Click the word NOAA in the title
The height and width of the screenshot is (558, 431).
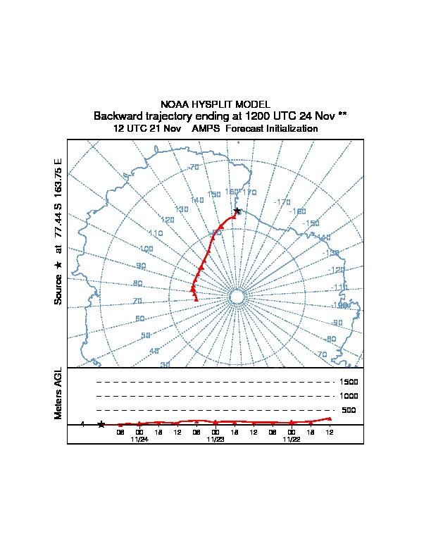[x=174, y=104]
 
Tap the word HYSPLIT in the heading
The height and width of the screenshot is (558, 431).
[x=211, y=104]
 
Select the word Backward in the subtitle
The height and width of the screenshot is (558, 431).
[x=118, y=116]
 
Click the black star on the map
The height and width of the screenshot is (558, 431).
[x=237, y=211]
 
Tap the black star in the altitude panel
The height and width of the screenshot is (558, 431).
[x=101, y=424]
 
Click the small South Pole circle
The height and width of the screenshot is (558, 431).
[x=237, y=296]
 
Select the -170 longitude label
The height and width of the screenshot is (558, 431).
[x=282, y=202]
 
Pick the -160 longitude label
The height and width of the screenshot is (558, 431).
[x=298, y=211]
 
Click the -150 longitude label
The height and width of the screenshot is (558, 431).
[x=311, y=223]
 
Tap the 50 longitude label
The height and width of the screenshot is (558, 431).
[x=146, y=336]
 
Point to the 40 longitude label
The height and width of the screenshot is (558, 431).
[x=154, y=351]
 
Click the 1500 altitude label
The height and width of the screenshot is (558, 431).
[x=349, y=382]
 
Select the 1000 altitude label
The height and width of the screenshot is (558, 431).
[x=349, y=396]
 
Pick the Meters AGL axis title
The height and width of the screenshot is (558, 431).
[x=58, y=393]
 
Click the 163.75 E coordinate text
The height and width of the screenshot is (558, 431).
[x=58, y=176]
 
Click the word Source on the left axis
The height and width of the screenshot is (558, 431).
[x=58, y=288]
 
